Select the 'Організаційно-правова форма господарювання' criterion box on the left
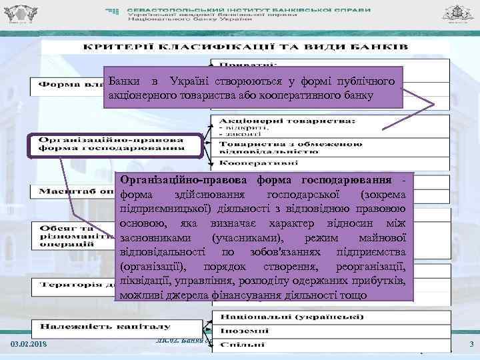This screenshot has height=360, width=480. click(x=111, y=145)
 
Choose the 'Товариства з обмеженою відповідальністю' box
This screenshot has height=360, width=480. click(x=291, y=147)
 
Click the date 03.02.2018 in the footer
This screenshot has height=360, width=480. click(x=29, y=344)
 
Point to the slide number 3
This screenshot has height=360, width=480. click(x=471, y=344)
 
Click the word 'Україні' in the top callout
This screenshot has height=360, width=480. click(x=191, y=81)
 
